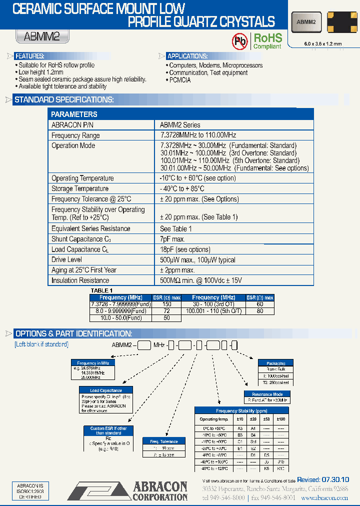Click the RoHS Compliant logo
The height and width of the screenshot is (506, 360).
(x=267, y=41)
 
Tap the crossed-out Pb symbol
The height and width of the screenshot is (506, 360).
(x=240, y=41)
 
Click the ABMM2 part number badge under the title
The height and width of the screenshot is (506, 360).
(x=42, y=36)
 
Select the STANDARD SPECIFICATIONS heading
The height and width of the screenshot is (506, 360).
(x=64, y=100)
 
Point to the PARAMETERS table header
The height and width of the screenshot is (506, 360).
(x=74, y=114)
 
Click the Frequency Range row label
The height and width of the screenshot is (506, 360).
(x=75, y=135)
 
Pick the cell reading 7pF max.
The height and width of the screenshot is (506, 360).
(x=172, y=239)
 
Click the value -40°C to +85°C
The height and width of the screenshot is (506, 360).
(x=182, y=189)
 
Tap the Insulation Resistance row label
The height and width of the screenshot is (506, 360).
(x=80, y=280)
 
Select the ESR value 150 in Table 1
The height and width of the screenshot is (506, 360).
(x=167, y=304)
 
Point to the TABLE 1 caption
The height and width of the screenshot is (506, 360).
(x=101, y=290)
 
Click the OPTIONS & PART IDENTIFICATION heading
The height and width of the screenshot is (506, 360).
(x=73, y=333)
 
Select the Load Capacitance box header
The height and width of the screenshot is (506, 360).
(x=105, y=390)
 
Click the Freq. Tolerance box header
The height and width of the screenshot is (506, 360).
(x=160, y=441)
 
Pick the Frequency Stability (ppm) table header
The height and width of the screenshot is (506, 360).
(x=242, y=410)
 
